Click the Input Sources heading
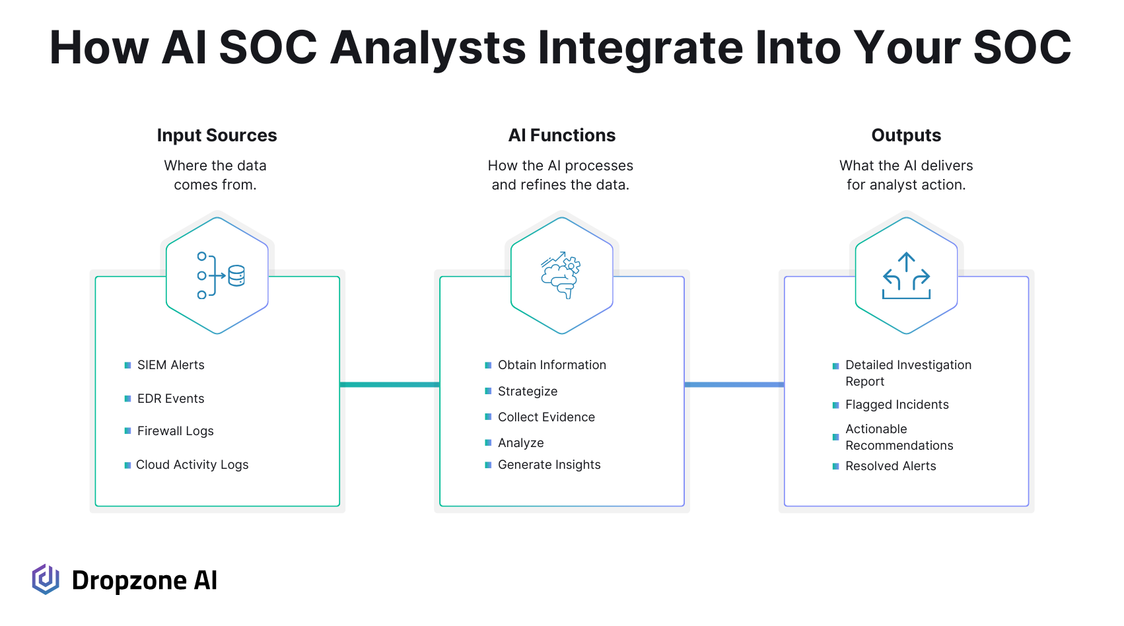pyautogui.click(x=217, y=135)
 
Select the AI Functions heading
pyautogui.click(x=561, y=135)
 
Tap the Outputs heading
pyautogui.click(x=905, y=135)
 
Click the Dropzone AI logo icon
pyautogui.click(x=46, y=579)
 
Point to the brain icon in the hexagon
pyautogui.click(x=561, y=275)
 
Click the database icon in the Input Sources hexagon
pyautogui.click(x=236, y=275)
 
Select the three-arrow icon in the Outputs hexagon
pyautogui.click(x=906, y=275)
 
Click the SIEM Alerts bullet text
pyautogui.click(x=170, y=365)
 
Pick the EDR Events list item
pyautogui.click(x=170, y=398)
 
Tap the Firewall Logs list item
pyautogui.click(x=175, y=431)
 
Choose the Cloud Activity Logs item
pyautogui.click(x=192, y=464)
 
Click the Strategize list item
pyautogui.click(x=528, y=391)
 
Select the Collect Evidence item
pyautogui.click(x=546, y=417)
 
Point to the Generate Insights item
pyautogui.click(x=549, y=464)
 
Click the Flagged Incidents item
pyautogui.click(x=897, y=404)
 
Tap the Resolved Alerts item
pyautogui.click(x=891, y=466)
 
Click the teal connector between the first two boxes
pyautogui.click(x=390, y=385)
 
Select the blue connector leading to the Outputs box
pyautogui.click(x=734, y=385)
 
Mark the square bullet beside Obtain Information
pyautogui.click(x=488, y=365)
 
